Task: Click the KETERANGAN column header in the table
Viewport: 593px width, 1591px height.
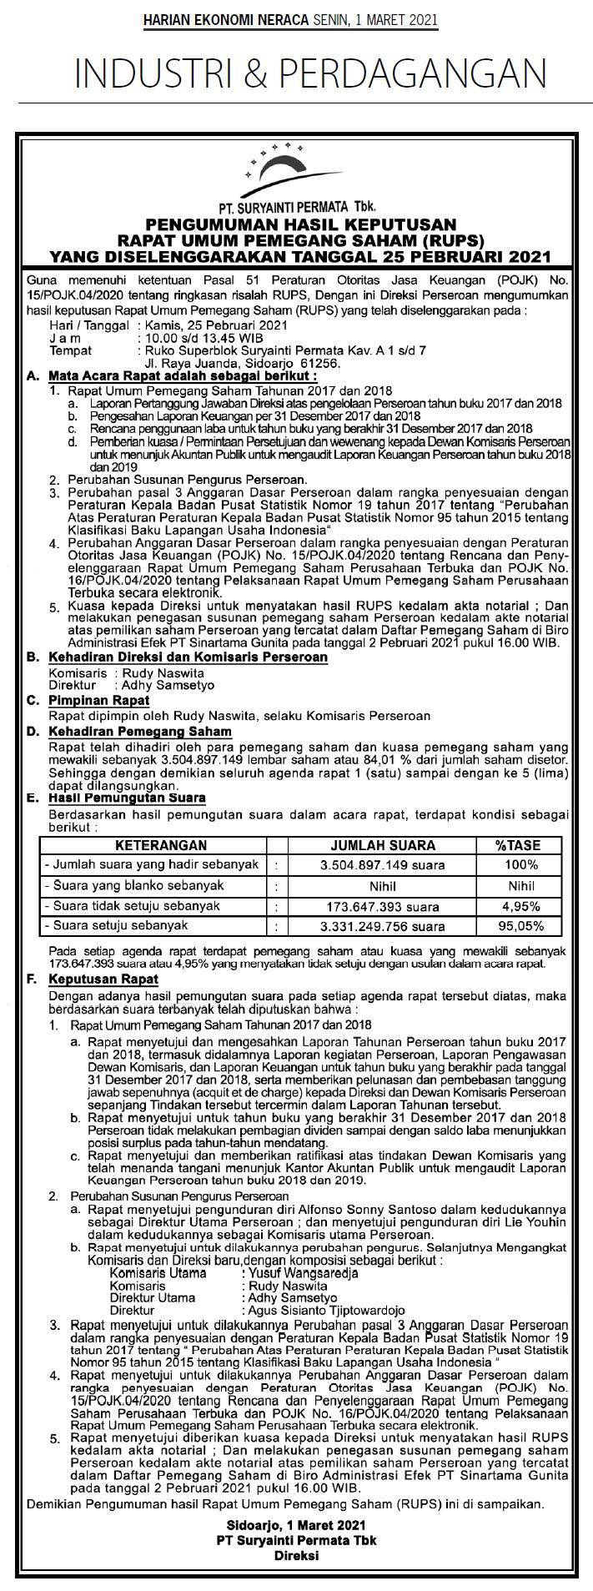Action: tap(149, 845)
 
